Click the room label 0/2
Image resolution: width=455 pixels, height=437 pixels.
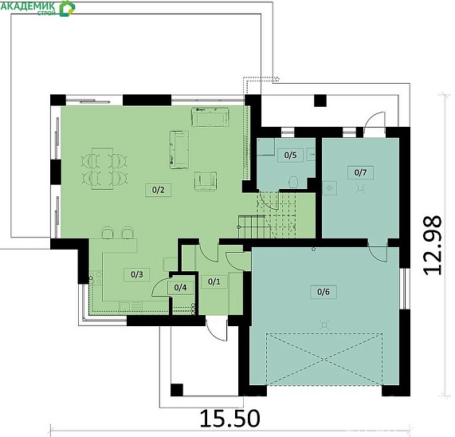tap(158, 190)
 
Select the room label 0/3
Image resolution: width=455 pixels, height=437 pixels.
tap(137, 274)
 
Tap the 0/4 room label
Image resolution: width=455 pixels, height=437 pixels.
tap(180, 288)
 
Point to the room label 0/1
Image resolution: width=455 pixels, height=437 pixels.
tap(214, 281)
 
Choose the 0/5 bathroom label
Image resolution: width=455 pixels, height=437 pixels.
tap(291, 155)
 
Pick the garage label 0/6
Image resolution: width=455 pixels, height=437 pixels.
tap(324, 292)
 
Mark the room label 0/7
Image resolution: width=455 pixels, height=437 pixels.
tap(360, 172)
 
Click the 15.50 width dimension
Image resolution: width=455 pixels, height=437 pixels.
tap(229, 419)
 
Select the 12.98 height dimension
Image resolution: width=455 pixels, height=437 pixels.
tap(433, 246)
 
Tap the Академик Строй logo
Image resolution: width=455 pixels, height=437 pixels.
tap(37, 8)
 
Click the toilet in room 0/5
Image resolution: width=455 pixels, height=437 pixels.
tap(294, 183)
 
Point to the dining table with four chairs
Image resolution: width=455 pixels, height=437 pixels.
tap(103, 169)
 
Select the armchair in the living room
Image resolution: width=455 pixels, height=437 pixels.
tap(206, 181)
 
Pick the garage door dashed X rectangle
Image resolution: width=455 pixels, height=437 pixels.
tap(324, 360)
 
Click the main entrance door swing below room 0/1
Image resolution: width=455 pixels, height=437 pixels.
tap(216, 329)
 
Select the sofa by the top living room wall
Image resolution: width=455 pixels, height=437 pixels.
tap(210, 116)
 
